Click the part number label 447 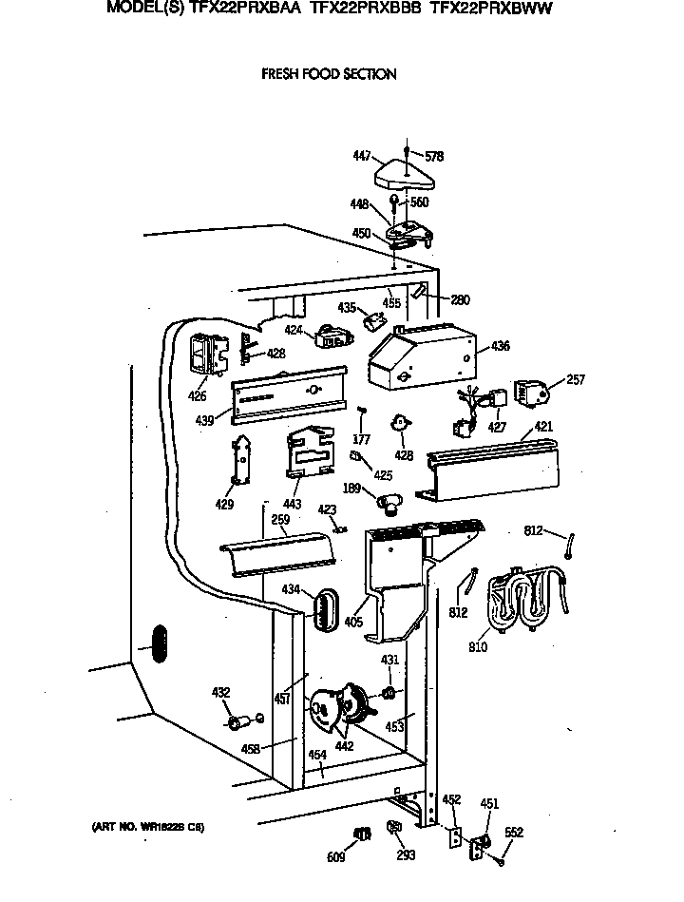pyautogui.click(x=360, y=155)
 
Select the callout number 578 pyautogui.click(x=434, y=157)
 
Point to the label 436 pyautogui.click(x=500, y=347)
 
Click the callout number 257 pyautogui.click(x=576, y=379)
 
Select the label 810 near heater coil pyautogui.click(x=477, y=647)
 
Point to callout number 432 pyautogui.click(x=220, y=693)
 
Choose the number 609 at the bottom pyautogui.click(x=336, y=857)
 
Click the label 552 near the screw pyautogui.click(x=514, y=833)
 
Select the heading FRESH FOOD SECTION pyautogui.click(x=329, y=74)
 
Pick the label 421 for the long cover pyautogui.click(x=542, y=427)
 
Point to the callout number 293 pyautogui.click(x=406, y=855)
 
